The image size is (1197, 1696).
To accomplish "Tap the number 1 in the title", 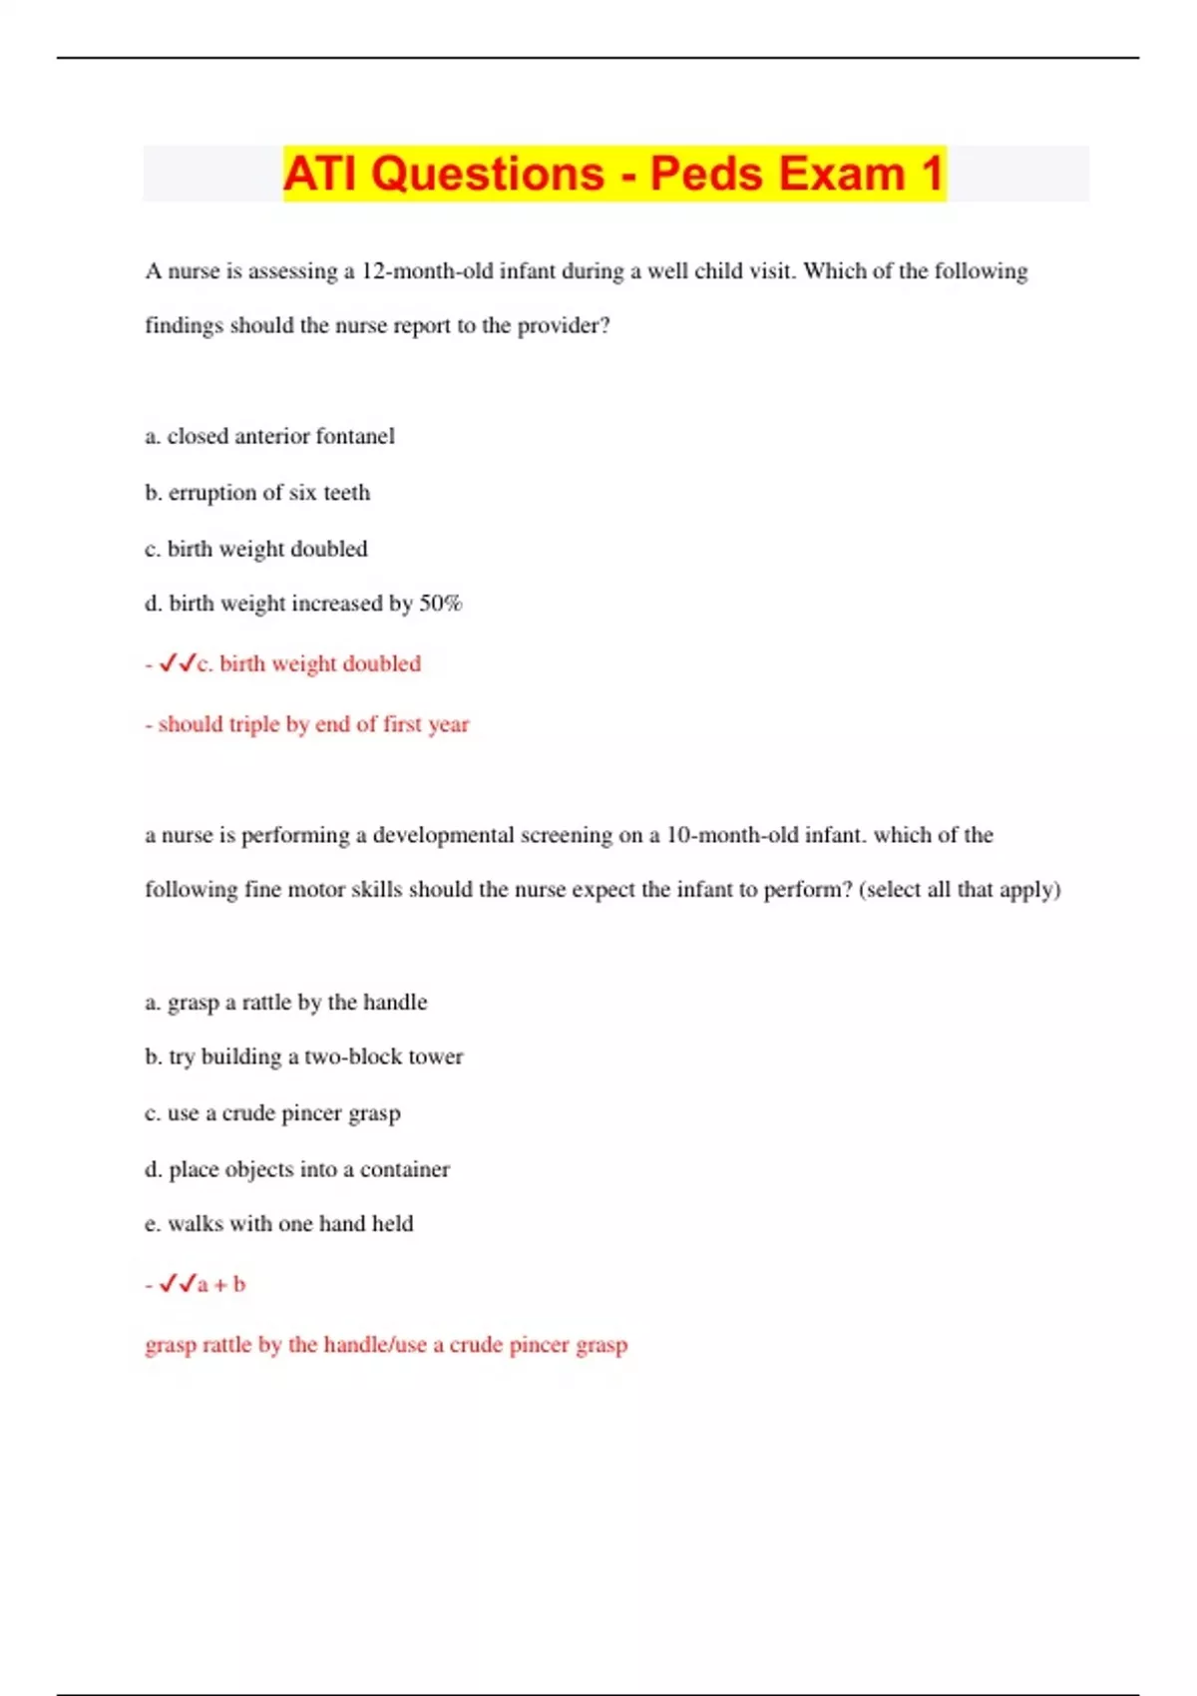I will tap(932, 174).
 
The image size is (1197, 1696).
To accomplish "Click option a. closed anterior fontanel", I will tap(269, 436).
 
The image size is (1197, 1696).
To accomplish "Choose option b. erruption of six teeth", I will tap(257, 493).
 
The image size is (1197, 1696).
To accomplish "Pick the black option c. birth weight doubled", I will tap(256, 549).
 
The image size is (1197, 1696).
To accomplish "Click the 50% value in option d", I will tap(440, 604).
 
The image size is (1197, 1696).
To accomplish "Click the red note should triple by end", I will tap(307, 724).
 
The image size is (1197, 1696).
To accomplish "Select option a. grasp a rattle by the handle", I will tap(286, 1002).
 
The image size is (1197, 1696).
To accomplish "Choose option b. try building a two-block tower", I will tap(304, 1057).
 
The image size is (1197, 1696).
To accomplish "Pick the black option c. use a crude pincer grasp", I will tap(273, 1113).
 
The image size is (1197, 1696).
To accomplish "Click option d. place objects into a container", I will tap(297, 1169).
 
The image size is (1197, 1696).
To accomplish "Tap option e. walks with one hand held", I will tap(279, 1224).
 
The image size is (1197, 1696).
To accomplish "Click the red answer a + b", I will tap(221, 1285).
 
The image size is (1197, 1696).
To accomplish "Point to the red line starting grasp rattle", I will tap(386, 1345).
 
